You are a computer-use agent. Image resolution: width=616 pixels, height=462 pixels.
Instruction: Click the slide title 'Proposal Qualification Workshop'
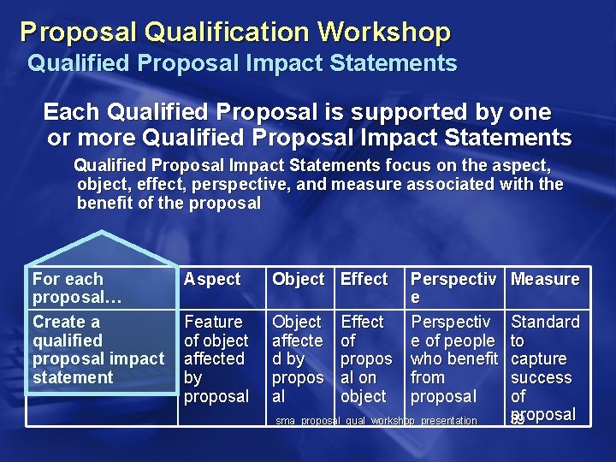click(x=235, y=32)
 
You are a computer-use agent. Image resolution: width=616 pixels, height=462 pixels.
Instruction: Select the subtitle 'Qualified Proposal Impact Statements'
click(x=242, y=63)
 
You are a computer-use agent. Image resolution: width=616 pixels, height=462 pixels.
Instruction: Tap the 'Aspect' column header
click(x=212, y=279)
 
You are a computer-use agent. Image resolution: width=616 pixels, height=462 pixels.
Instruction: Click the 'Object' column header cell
click(x=298, y=279)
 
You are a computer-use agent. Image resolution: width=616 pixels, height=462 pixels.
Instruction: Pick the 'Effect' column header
click(x=364, y=279)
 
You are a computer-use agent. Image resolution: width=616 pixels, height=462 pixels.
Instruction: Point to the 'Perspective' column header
click(x=453, y=287)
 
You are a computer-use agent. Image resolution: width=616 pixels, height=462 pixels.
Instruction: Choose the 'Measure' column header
click(x=545, y=279)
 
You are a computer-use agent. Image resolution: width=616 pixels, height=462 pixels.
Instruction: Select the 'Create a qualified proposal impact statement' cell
click(x=98, y=349)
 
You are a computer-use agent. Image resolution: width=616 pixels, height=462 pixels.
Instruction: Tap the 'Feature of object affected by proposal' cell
click(x=216, y=358)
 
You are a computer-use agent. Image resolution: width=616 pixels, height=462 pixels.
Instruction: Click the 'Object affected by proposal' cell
click(x=298, y=358)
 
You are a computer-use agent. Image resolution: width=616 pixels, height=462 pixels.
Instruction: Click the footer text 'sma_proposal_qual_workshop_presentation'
click(x=376, y=421)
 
